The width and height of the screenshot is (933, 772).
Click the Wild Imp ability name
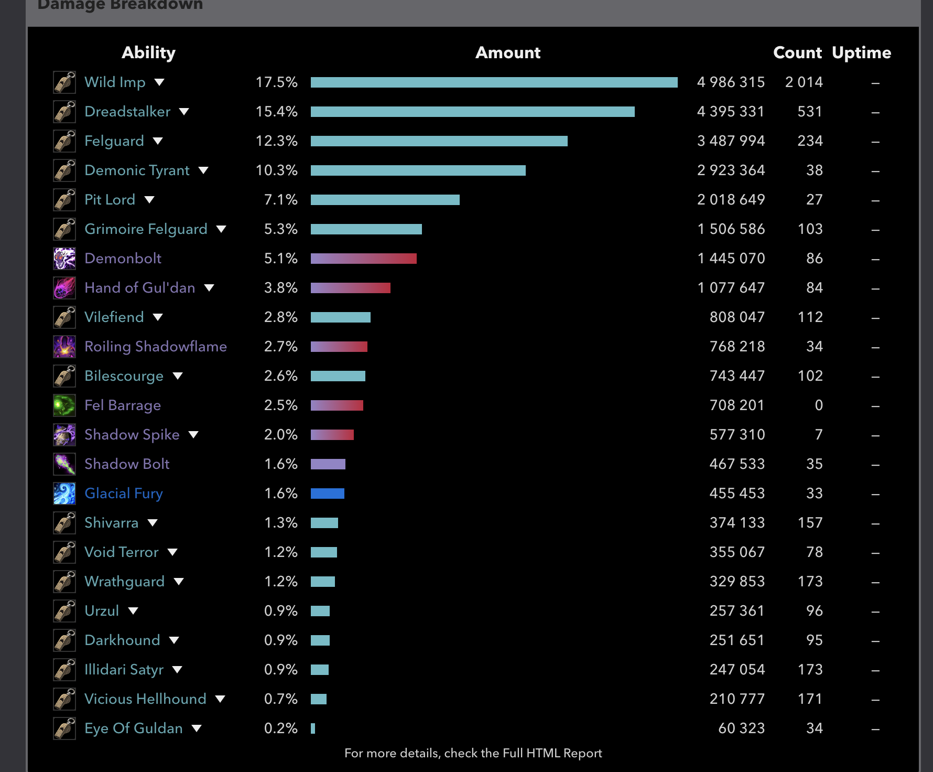pyautogui.click(x=115, y=82)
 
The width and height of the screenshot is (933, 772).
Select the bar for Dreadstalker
pyautogui.click(x=472, y=112)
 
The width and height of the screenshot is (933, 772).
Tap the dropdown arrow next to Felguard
pyautogui.click(x=158, y=141)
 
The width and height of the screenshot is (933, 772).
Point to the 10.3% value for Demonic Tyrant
pyautogui.click(x=276, y=170)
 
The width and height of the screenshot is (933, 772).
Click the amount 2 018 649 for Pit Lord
pyautogui.click(x=731, y=200)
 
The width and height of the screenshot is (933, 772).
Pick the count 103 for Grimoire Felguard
pyautogui.click(x=810, y=229)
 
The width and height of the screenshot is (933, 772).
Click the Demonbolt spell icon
pyautogui.click(x=64, y=259)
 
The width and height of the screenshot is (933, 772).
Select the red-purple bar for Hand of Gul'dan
pyautogui.click(x=350, y=288)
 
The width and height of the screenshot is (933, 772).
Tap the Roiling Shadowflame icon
pyautogui.click(x=64, y=347)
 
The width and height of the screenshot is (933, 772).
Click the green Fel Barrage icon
pyautogui.click(x=64, y=405)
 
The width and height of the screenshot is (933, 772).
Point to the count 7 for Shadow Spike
pyautogui.click(x=818, y=435)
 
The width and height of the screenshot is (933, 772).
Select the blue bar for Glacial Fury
pyautogui.click(x=327, y=494)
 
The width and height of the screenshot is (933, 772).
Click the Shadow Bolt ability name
pyautogui.click(x=127, y=464)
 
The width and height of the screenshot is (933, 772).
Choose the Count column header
pyautogui.click(x=797, y=52)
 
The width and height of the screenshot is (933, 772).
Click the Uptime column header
pyautogui.click(x=861, y=52)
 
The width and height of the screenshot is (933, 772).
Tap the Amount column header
pyautogui.click(x=507, y=52)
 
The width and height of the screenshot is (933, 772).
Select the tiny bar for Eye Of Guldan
pyautogui.click(x=313, y=728)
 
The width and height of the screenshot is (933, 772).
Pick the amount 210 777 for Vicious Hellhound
pyautogui.click(x=737, y=699)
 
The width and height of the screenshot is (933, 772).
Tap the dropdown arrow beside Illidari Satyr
pyautogui.click(x=177, y=670)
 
